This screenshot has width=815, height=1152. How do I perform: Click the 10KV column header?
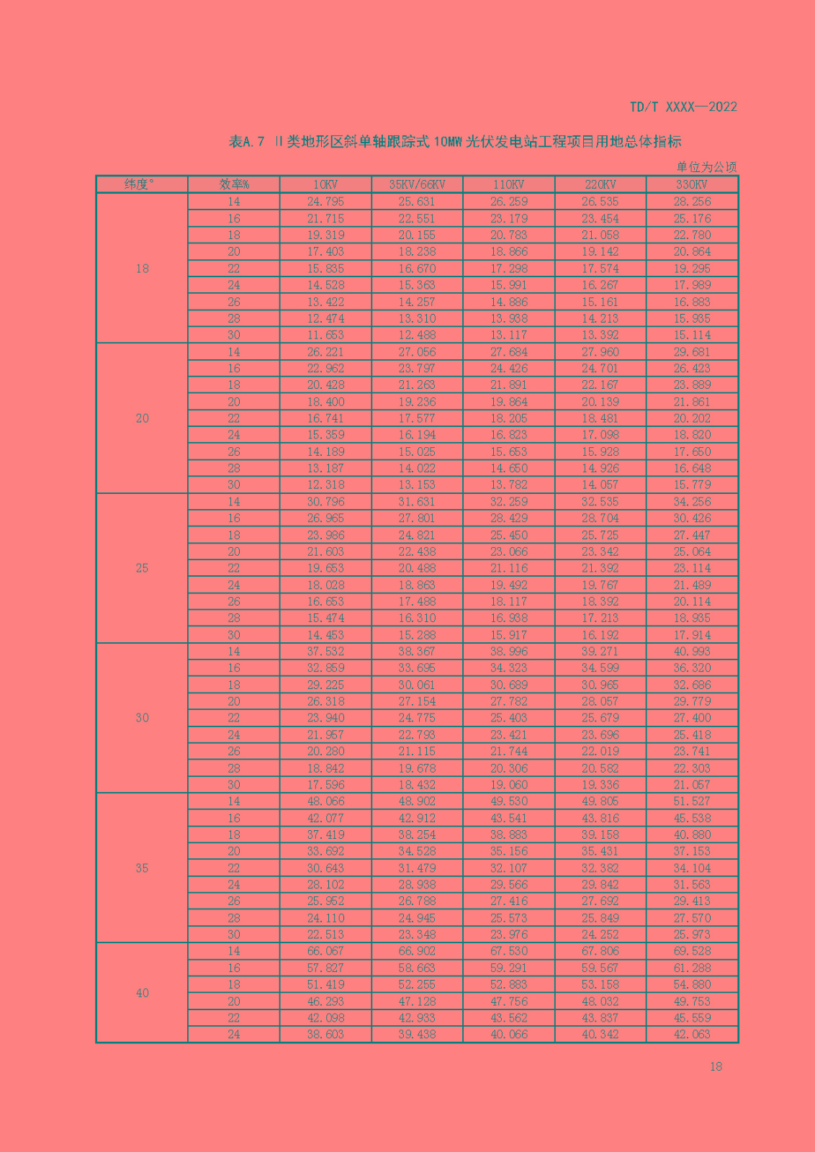tap(325, 184)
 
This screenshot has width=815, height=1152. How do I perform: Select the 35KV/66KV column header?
tap(417, 184)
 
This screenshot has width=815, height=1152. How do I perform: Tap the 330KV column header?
tap(692, 184)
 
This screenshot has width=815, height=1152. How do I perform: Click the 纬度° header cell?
tap(142, 184)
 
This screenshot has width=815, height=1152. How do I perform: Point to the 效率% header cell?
tap(234, 184)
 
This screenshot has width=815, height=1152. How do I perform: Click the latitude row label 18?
tap(142, 269)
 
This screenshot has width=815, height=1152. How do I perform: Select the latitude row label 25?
tap(142, 568)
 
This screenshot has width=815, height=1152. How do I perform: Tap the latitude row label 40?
tap(142, 993)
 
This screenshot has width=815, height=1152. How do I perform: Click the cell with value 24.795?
tap(325, 202)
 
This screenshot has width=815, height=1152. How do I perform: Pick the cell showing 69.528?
tap(692, 951)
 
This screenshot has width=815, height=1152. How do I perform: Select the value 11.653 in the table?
tap(325, 335)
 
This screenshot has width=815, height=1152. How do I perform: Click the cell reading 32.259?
tap(508, 502)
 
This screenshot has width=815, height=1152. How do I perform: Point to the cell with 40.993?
tap(692, 652)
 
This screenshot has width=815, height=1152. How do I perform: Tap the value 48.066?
tap(325, 801)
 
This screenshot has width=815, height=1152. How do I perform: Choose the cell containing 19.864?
tap(508, 402)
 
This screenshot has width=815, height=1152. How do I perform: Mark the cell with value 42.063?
tap(692, 1035)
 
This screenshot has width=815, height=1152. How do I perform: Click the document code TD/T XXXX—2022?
tap(683, 107)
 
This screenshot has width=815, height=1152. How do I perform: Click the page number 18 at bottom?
tap(716, 1066)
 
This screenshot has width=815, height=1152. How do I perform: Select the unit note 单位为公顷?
tap(706, 167)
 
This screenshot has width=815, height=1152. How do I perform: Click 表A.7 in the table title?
tap(247, 142)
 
